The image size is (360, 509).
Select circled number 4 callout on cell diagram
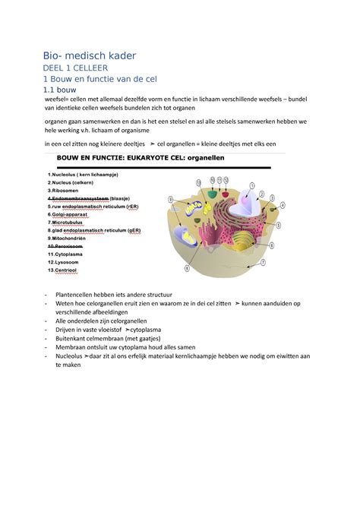(x=283, y=205)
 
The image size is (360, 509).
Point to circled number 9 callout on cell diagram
(x=172, y=200)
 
